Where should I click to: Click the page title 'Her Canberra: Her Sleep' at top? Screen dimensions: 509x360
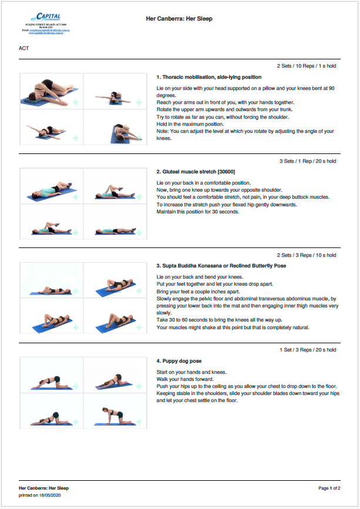[179, 19]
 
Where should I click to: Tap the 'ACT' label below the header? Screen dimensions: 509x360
[24, 48]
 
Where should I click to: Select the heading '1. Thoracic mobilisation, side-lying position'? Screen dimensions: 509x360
[209, 77]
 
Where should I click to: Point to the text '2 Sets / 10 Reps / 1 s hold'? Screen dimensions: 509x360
[307, 66]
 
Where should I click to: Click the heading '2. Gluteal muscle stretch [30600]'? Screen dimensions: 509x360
[196, 172]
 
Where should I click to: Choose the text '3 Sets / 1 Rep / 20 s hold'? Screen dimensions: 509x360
[308, 161]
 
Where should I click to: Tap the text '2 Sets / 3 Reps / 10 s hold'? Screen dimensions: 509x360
[307, 256]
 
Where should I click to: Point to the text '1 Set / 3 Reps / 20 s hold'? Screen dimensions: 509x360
[308, 350]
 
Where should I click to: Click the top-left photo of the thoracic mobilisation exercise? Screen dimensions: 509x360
[52, 91]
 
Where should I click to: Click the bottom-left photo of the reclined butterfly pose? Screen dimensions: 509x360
[52, 317]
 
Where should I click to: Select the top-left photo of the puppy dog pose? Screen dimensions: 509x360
[52, 376]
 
